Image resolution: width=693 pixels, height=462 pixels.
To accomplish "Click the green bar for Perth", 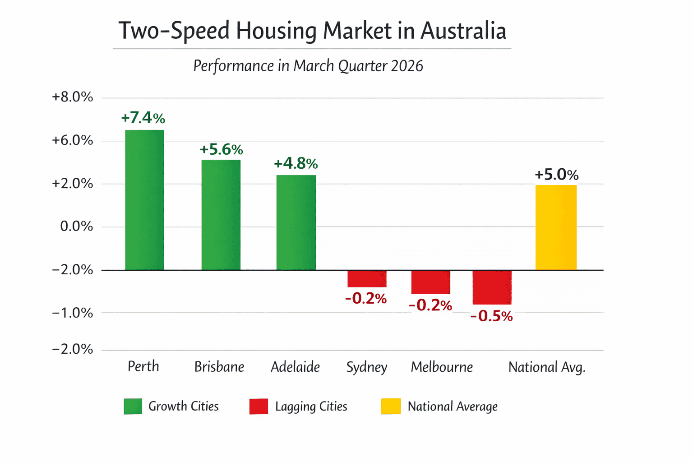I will coord(144,200).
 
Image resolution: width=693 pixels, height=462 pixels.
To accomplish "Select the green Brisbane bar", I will coord(221,215).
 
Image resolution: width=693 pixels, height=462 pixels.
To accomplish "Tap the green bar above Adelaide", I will coord(296,222).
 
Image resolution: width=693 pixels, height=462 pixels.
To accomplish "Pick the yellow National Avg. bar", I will coord(556,227).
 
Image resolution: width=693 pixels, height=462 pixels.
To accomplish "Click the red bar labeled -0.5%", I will coord(492,287).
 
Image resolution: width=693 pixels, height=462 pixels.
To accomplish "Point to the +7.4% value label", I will coord(143,118).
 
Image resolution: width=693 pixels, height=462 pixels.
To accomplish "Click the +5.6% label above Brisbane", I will coord(221,149).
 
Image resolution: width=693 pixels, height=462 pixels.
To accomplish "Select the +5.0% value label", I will coord(556,175).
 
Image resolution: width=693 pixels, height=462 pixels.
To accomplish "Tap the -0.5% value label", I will coord(491,316).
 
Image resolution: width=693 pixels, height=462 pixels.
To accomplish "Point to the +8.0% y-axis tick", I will coord(72,97).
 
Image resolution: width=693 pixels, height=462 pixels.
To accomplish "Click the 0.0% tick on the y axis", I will coord(76,226).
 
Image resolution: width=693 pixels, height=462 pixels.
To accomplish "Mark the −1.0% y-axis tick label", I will coord(72,313).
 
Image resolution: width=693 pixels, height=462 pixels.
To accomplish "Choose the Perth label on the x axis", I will coord(143,366).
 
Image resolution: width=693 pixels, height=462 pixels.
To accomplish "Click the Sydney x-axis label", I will coord(366,367).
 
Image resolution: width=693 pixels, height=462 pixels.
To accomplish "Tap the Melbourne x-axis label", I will coord(442,367).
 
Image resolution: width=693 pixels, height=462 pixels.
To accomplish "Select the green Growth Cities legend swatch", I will coord(133,406).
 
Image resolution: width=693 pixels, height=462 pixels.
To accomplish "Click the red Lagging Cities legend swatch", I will coord(259,406).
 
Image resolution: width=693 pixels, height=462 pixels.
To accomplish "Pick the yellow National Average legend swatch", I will coord(391,406).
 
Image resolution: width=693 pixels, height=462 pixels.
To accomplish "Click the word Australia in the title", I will coord(463,31).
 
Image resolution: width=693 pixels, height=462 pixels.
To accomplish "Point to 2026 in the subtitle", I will coord(407,66).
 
